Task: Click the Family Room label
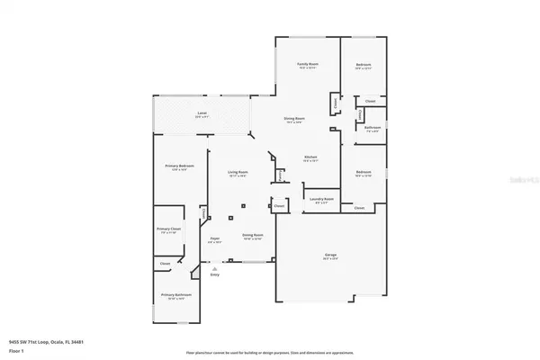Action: click(309, 65)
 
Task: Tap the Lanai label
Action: click(202, 113)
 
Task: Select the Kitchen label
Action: click(310, 157)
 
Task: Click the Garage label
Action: click(330, 256)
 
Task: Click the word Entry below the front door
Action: click(214, 274)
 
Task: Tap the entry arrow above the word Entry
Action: click(214, 268)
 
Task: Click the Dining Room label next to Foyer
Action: click(252, 236)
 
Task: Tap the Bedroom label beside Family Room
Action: click(363, 65)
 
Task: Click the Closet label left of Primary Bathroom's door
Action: click(165, 264)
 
